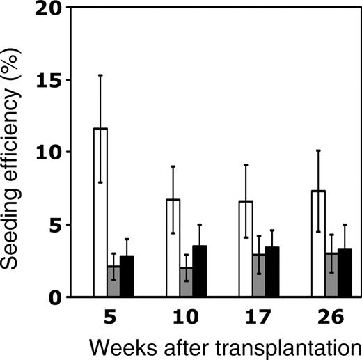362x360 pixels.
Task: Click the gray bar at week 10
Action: tap(186, 282)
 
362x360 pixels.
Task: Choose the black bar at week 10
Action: tap(199, 272)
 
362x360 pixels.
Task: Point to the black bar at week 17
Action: tap(271, 272)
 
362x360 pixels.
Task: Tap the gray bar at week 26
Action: tap(331, 275)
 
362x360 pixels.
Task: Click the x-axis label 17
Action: tap(258, 317)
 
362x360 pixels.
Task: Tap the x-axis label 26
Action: tap(331, 317)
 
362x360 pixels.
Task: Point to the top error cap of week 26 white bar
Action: tap(318, 150)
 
